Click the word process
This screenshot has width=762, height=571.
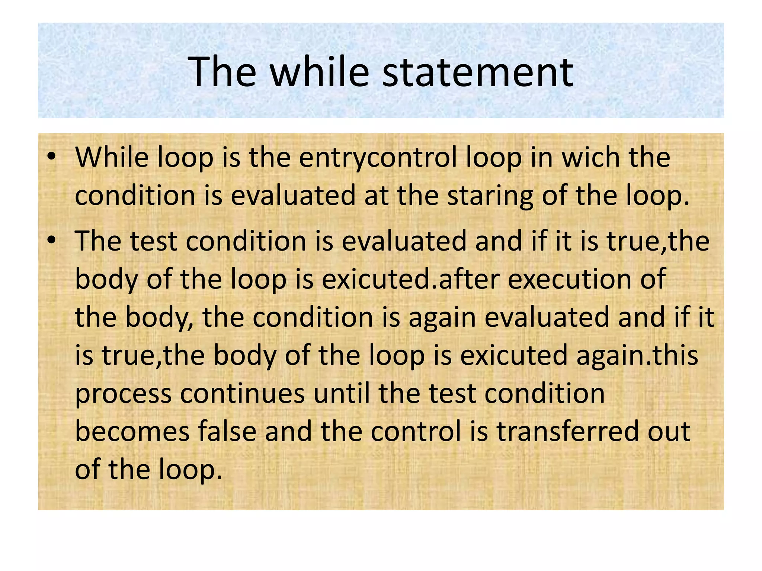[123, 394]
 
